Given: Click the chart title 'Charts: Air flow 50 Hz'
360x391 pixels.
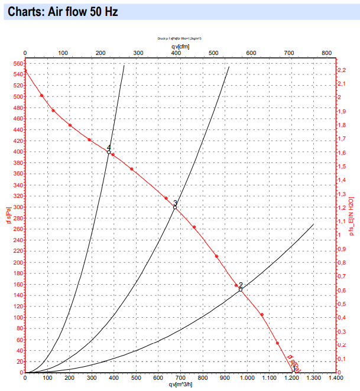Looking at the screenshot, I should [x=63, y=11].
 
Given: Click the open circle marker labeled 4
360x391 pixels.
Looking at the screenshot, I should [x=109, y=152].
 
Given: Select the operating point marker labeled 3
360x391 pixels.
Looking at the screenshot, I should [x=175, y=207].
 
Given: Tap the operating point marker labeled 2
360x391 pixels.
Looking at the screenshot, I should [x=241, y=289].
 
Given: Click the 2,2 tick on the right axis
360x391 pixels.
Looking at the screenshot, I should [x=341, y=70].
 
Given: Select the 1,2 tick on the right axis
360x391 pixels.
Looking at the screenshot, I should [x=341, y=208].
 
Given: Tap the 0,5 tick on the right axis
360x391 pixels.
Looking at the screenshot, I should [x=341, y=304].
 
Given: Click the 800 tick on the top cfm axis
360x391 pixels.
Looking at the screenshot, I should [x=326, y=53].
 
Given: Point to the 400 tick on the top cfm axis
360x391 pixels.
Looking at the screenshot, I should [x=176, y=53].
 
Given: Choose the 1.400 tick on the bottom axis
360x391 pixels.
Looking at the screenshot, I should [x=335, y=377].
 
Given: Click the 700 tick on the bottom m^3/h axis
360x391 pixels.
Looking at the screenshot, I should [x=180, y=377].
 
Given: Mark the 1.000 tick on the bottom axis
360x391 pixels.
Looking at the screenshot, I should [x=247, y=377].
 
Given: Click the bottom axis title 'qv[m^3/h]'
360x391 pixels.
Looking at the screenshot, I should [x=181, y=385].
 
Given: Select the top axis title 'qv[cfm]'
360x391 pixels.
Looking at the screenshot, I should [x=180, y=45].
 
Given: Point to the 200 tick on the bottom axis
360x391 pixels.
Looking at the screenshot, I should [x=69, y=377].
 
